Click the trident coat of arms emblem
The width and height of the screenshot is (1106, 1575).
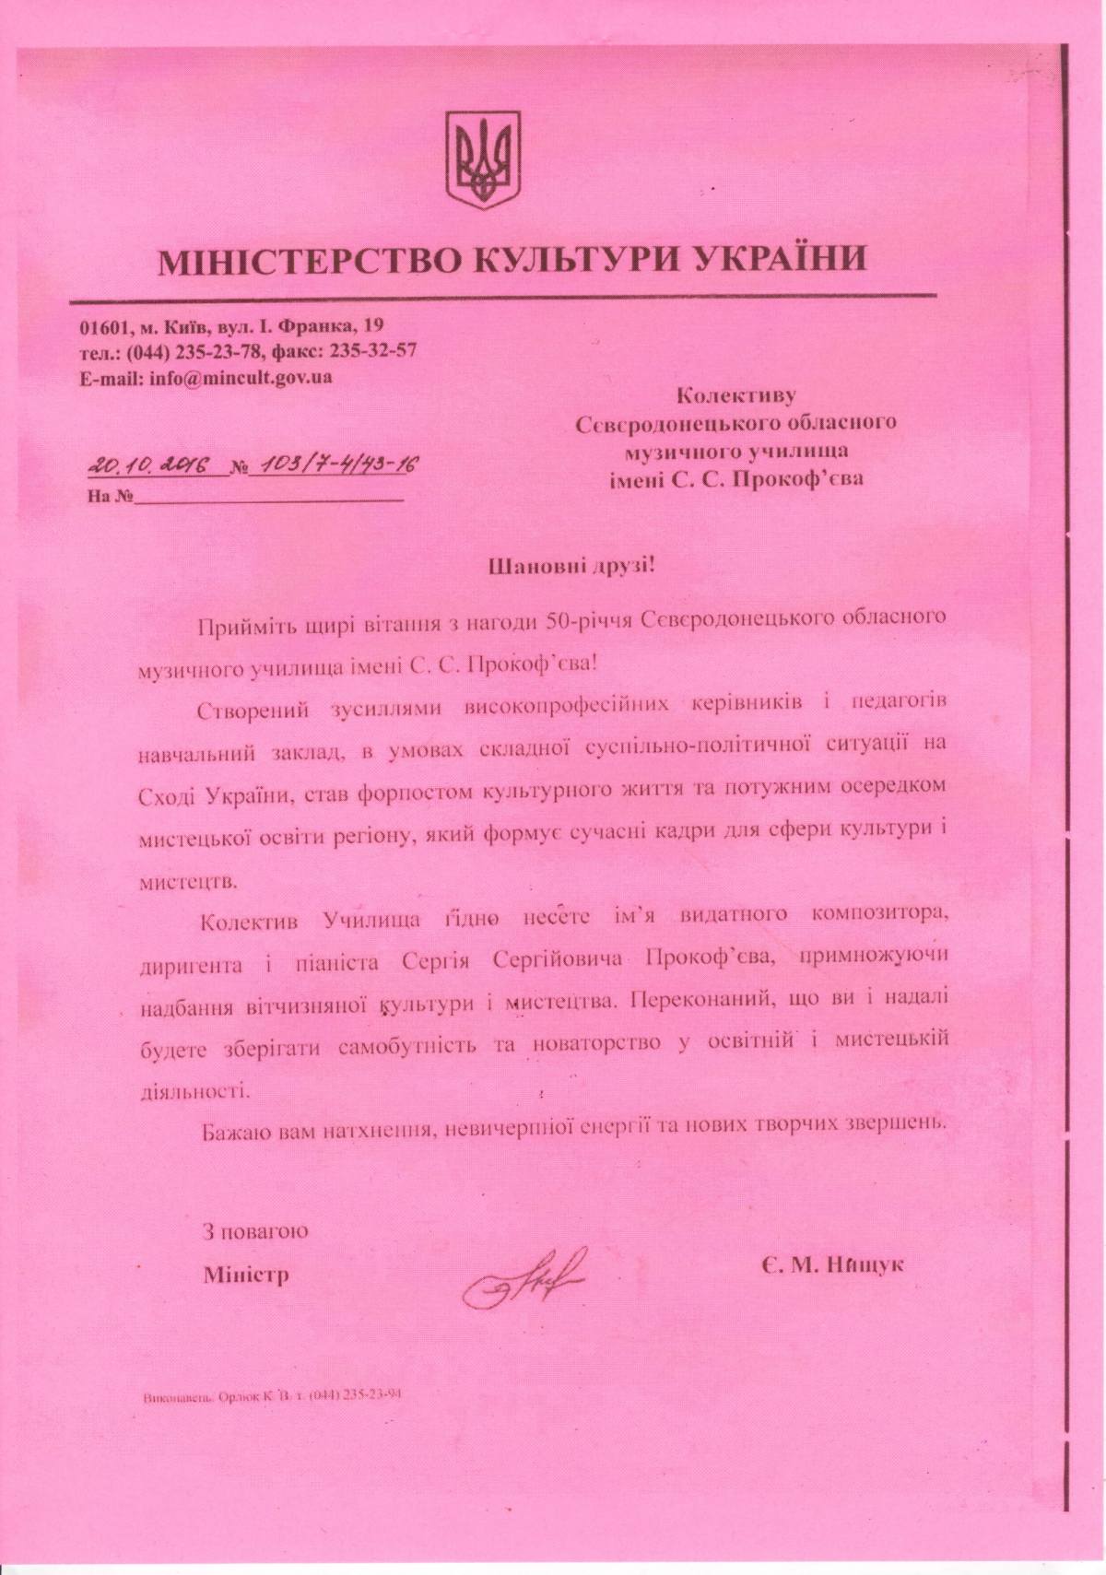click(x=484, y=159)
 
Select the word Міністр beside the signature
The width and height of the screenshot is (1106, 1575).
click(x=245, y=1275)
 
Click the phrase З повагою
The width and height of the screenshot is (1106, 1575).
click(x=255, y=1231)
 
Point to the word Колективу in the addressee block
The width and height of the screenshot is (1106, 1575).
click(x=735, y=396)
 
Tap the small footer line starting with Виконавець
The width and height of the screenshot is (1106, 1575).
click(x=272, y=1420)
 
